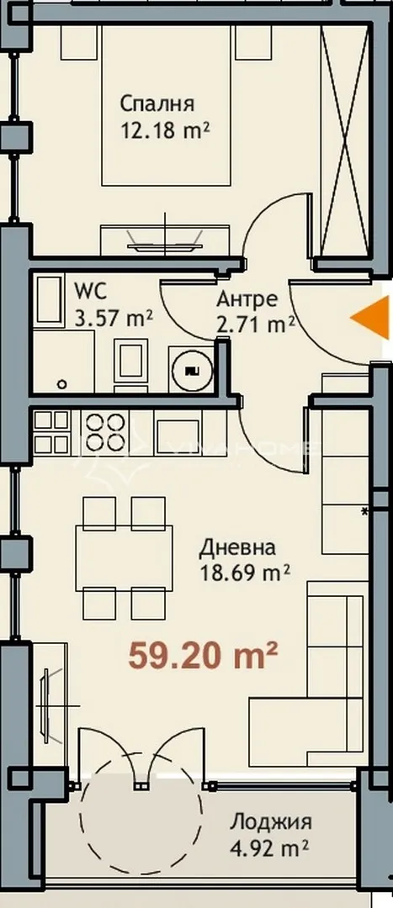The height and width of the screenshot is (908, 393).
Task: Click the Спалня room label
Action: coord(157,105)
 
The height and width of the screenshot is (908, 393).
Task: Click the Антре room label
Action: coord(243,299)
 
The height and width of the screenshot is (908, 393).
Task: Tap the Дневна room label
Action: coord(237,549)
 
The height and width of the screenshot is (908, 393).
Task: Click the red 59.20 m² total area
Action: coord(203,654)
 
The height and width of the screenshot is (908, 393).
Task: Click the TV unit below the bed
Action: coord(167,237)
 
